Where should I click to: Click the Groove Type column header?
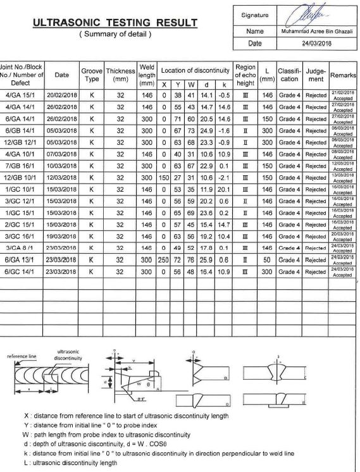tap(91, 75)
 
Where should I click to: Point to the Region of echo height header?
tap(245, 75)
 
